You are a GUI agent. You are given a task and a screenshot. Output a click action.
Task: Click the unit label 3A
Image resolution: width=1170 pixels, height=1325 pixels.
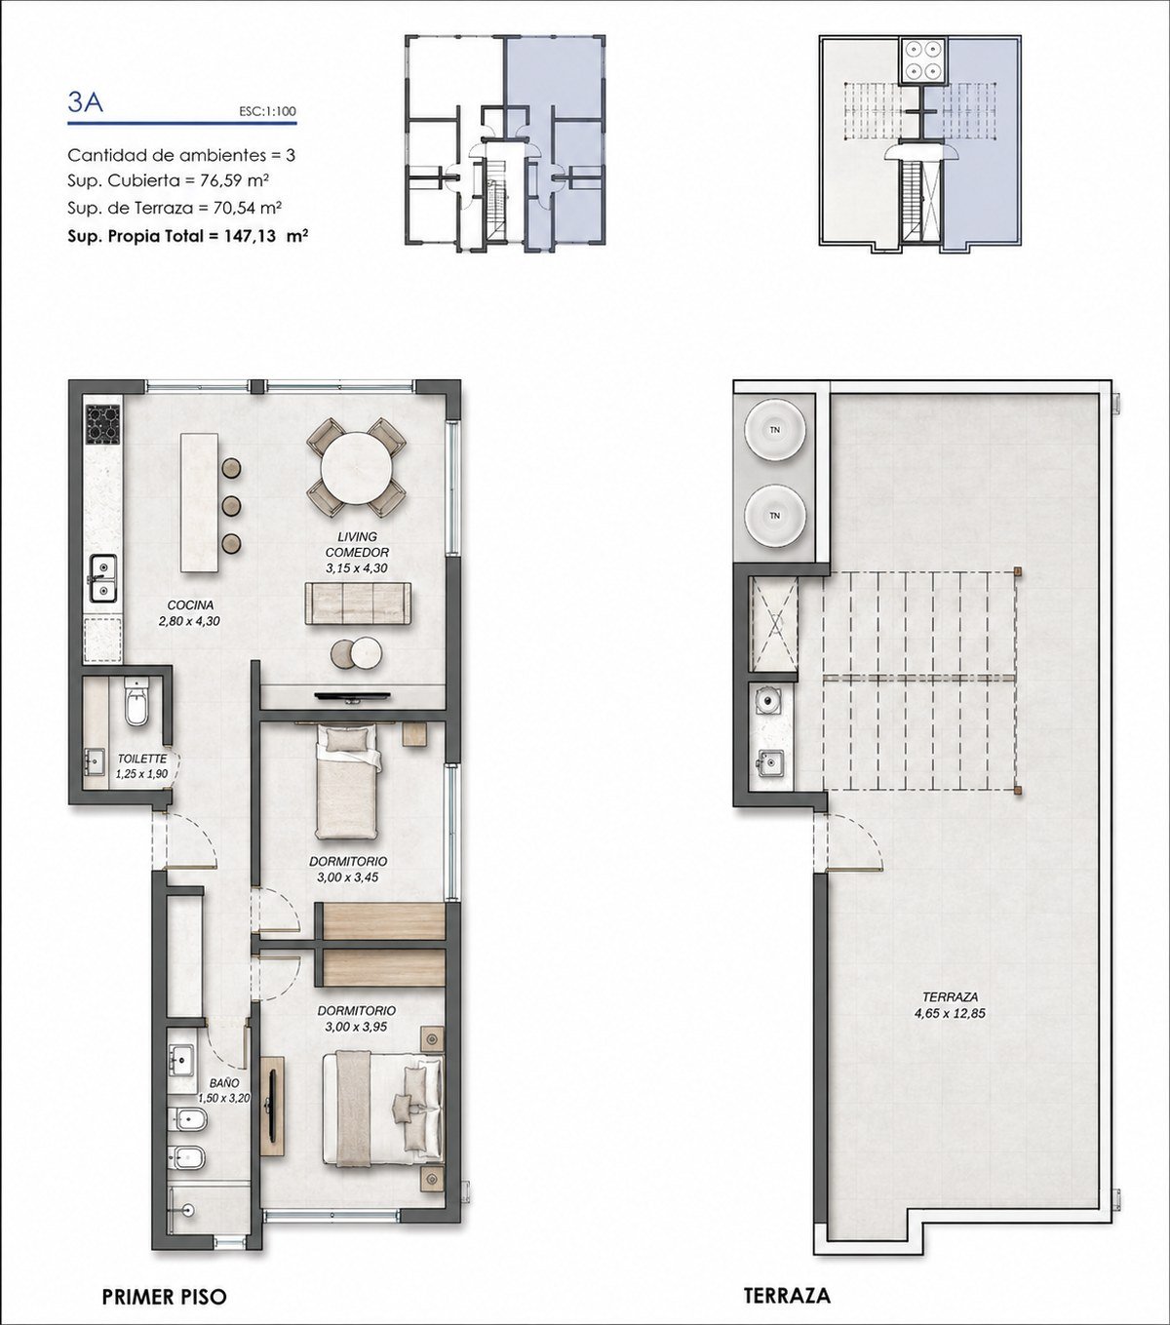click(x=85, y=103)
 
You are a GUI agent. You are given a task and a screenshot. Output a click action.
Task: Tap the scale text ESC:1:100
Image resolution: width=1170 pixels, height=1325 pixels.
click(x=267, y=111)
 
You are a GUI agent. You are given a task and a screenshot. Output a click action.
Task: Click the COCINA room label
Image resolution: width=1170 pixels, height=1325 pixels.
click(x=190, y=605)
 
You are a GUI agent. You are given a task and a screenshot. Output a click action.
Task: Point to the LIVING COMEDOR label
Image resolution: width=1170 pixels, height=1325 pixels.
click(x=357, y=544)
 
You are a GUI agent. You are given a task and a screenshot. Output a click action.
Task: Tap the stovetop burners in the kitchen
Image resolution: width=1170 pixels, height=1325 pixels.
click(x=103, y=424)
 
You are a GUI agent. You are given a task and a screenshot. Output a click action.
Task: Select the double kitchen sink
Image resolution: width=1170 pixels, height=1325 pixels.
click(x=102, y=578)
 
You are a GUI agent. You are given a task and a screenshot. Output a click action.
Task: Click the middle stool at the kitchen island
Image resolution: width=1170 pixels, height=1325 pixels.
click(x=231, y=506)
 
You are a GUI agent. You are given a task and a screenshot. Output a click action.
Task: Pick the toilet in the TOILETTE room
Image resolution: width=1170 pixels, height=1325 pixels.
click(x=137, y=702)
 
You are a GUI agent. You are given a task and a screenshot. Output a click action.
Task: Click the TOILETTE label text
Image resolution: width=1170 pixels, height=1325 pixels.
click(x=142, y=759)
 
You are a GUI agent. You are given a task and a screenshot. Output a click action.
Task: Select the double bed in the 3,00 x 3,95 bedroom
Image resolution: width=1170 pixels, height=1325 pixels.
click(x=383, y=1108)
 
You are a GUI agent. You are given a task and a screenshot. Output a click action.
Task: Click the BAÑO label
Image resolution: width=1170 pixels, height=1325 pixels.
click(x=224, y=1083)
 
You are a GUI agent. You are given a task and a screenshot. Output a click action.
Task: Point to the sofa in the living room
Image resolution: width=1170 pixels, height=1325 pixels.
click(x=358, y=603)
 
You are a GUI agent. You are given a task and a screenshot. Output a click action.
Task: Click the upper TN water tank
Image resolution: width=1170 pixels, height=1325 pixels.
click(x=775, y=430)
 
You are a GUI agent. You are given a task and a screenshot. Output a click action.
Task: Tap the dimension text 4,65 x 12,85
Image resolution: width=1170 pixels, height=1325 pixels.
click(x=951, y=1014)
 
